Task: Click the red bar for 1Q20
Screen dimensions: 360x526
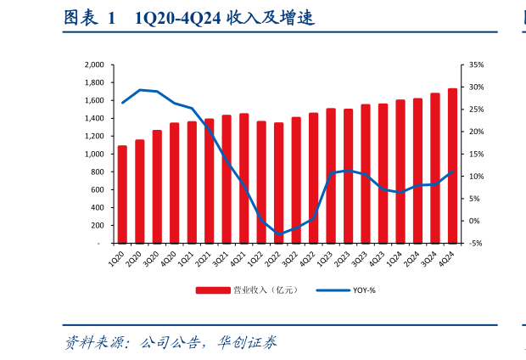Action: click(122, 194)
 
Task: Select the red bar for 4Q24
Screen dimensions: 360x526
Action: click(452, 166)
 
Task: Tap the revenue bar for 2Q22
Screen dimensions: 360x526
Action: click(278, 183)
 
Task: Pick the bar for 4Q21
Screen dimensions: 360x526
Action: click(243, 178)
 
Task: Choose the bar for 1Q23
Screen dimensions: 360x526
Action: click(331, 176)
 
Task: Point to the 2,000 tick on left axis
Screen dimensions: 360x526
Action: click(94, 65)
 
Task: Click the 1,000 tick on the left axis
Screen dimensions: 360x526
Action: click(94, 154)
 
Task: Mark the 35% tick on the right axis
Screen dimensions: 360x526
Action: click(476, 65)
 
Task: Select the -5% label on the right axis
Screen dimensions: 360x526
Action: click(476, 244)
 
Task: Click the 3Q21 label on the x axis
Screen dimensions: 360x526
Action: click(221, 257)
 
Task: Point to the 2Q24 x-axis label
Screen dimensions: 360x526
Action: click(413, 257)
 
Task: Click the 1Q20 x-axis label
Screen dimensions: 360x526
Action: click(117, 257)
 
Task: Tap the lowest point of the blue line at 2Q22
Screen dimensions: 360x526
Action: click(278, 234)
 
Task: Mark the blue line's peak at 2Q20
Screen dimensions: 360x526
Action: click(139, 89)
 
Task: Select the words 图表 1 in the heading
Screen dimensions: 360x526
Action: click(88, 18)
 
